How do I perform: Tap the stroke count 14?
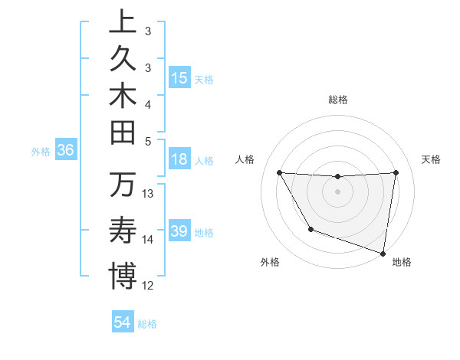pos(148,240)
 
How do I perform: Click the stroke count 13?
pos(148,194)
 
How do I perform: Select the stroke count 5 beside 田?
pos(148,141)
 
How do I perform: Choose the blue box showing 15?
pos(179,78)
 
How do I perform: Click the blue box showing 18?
pos(179,160)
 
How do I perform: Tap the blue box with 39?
pos(179,232)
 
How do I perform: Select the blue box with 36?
pos(66,151)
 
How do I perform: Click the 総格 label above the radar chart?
pos(338,100)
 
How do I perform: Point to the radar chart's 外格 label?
pos(270,262)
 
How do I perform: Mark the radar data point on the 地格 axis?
pos(383,252)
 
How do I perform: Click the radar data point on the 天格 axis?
pos(396,172)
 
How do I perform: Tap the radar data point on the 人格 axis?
pos(279,172)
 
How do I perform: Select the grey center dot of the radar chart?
pos(337,191)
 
